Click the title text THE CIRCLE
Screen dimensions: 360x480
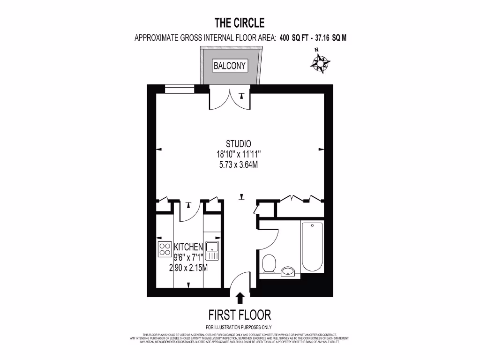pos(240,22)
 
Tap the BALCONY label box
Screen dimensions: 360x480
pos(230,66)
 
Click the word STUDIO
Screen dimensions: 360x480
pos(239,144)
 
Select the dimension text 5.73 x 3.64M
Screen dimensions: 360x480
pos(239,165)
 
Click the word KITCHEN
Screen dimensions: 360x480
pos(188,247)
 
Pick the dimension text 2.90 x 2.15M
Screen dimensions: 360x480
pos(188,268)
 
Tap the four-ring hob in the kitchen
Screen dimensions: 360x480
pos(165,249)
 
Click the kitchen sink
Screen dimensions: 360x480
pos(212,251)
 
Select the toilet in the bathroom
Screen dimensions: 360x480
pos(269,263)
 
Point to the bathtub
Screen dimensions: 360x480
pos(312,247)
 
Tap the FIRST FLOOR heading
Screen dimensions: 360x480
pos(240,314)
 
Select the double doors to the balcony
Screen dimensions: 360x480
pos(229,97)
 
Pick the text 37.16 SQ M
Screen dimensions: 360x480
pos(331,38)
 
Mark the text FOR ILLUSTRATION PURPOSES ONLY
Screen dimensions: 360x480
pos(239,327)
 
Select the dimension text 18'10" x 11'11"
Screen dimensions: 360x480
pos(239,154)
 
